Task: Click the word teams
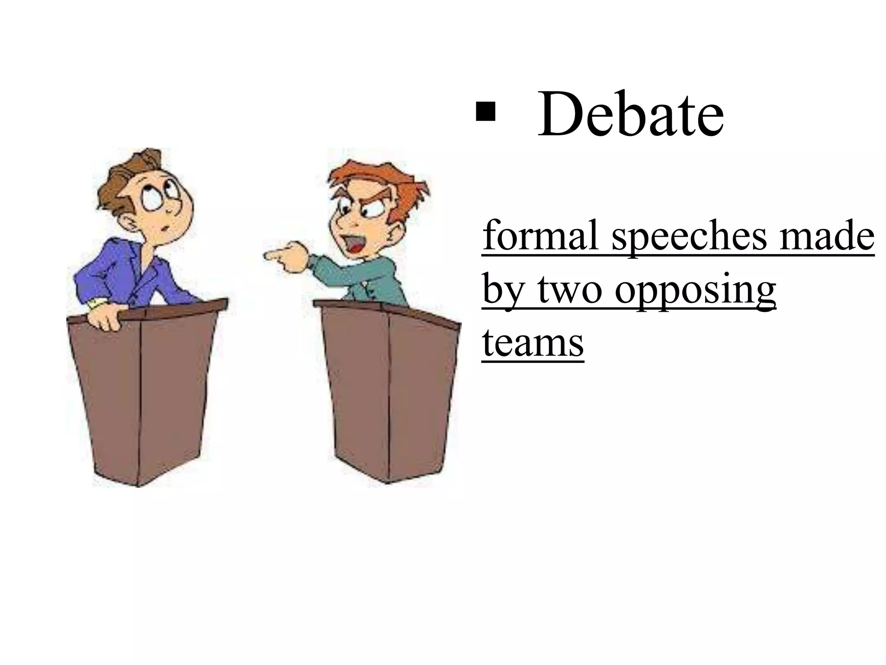coord(533,342)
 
